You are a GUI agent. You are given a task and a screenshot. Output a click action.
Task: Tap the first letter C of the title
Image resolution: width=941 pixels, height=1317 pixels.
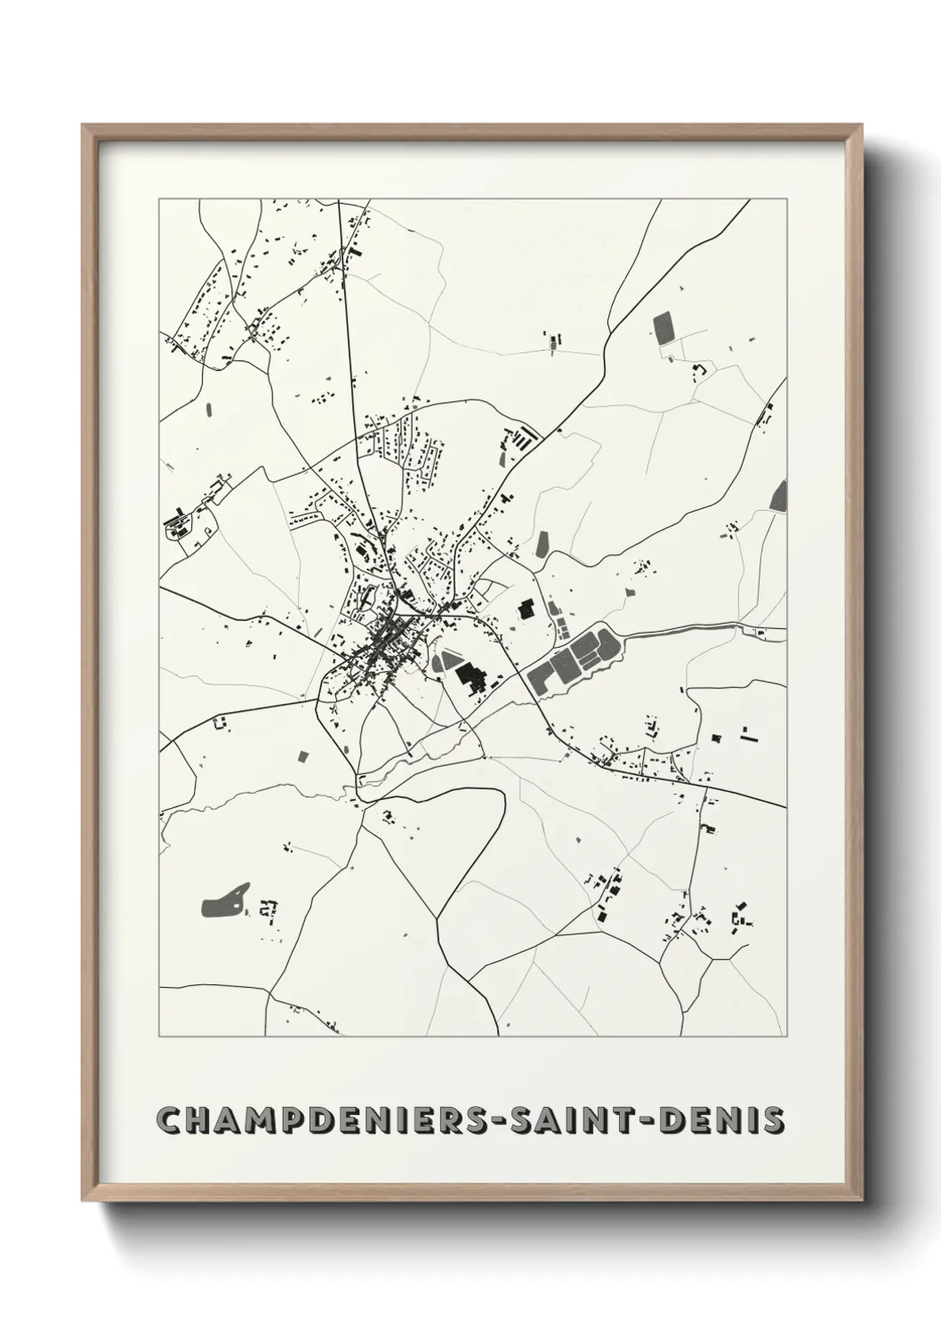click(167, 1119)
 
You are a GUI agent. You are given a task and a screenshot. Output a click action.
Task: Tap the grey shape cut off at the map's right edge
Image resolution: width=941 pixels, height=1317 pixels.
click(779, 495)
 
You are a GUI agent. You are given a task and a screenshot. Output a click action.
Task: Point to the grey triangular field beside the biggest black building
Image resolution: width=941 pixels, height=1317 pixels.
click(444, 662)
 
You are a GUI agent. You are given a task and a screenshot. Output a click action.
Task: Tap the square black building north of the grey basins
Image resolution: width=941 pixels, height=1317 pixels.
click(526, 610)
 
